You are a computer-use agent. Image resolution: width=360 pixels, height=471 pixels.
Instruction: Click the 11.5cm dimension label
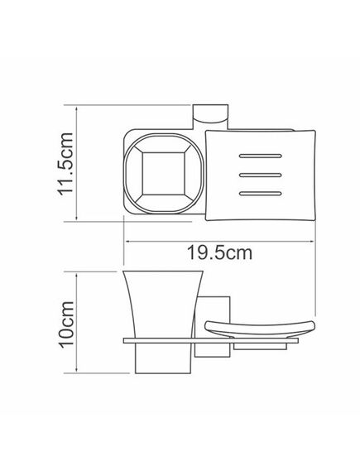point(65,164)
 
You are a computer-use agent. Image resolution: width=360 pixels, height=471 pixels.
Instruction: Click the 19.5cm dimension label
point(219,253)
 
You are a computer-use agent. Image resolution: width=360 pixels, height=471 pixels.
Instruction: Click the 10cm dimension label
point(65,324)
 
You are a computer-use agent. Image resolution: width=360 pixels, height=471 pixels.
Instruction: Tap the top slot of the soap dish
point(260,156)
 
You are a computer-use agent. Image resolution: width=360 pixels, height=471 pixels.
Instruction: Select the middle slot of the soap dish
point(260,175)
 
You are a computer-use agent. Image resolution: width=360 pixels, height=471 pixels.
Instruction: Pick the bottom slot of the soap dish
point(260,194)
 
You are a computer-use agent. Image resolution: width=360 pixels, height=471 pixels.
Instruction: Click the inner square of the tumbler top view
point(163,174)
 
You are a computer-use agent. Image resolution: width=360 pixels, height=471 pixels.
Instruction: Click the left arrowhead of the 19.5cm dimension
point(127,241)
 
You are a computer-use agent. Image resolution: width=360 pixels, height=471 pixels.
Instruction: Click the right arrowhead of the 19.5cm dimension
point(311,241)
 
